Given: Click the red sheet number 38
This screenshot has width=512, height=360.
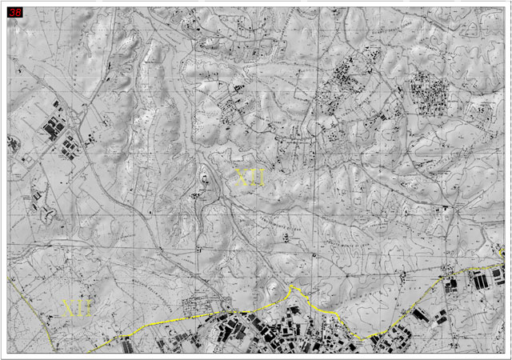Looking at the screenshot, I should [14, 13].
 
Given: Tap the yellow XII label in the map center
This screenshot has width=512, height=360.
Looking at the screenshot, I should [250, 178].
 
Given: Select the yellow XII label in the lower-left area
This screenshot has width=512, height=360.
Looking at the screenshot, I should [78, 308].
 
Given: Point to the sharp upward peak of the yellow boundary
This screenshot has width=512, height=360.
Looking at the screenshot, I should [293, 286].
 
